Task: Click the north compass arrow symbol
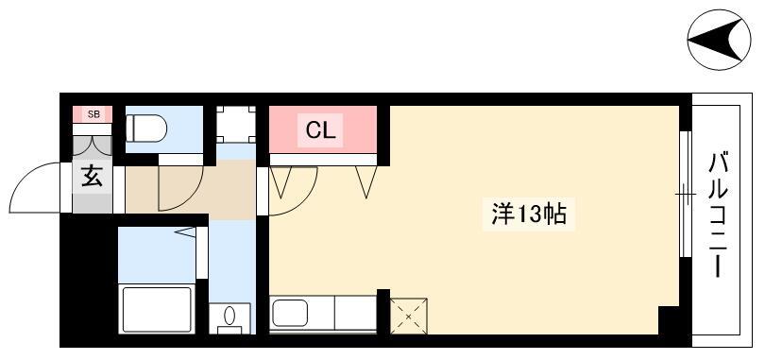pos(718,40)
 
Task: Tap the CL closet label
pos(320,130)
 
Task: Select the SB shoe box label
pos(93,114)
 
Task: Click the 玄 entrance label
pos(92,176)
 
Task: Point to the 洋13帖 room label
pos(528,214)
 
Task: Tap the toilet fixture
pos(145,129)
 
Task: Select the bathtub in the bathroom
pos(156,310)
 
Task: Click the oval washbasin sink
pos(229,317)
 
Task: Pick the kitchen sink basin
pos(290,313)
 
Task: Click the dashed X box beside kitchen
pos(409,317)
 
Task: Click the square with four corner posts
pos(236,125)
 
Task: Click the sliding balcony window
pos(686,194)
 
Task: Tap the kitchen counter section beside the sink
pos(355,313)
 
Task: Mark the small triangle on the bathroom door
pos(185,232)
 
